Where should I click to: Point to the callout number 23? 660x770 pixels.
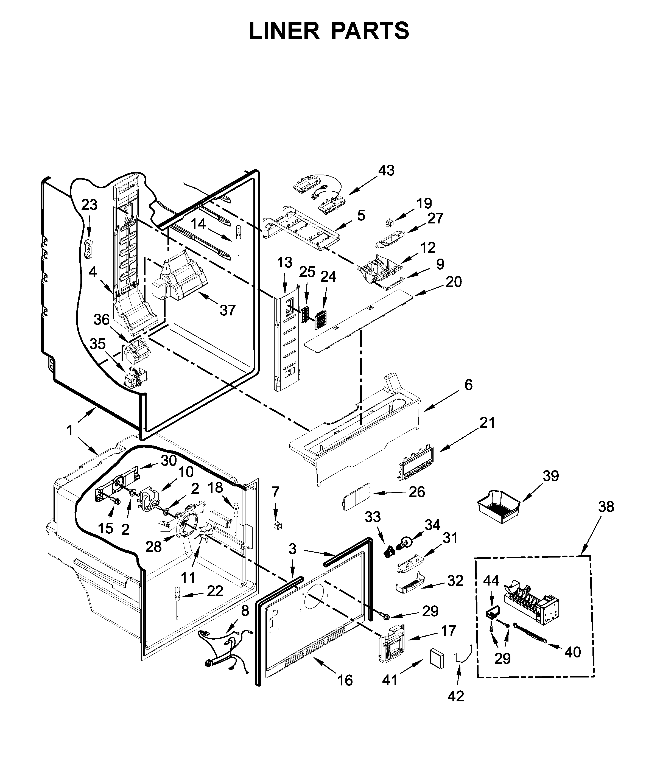tap(89, 205)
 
